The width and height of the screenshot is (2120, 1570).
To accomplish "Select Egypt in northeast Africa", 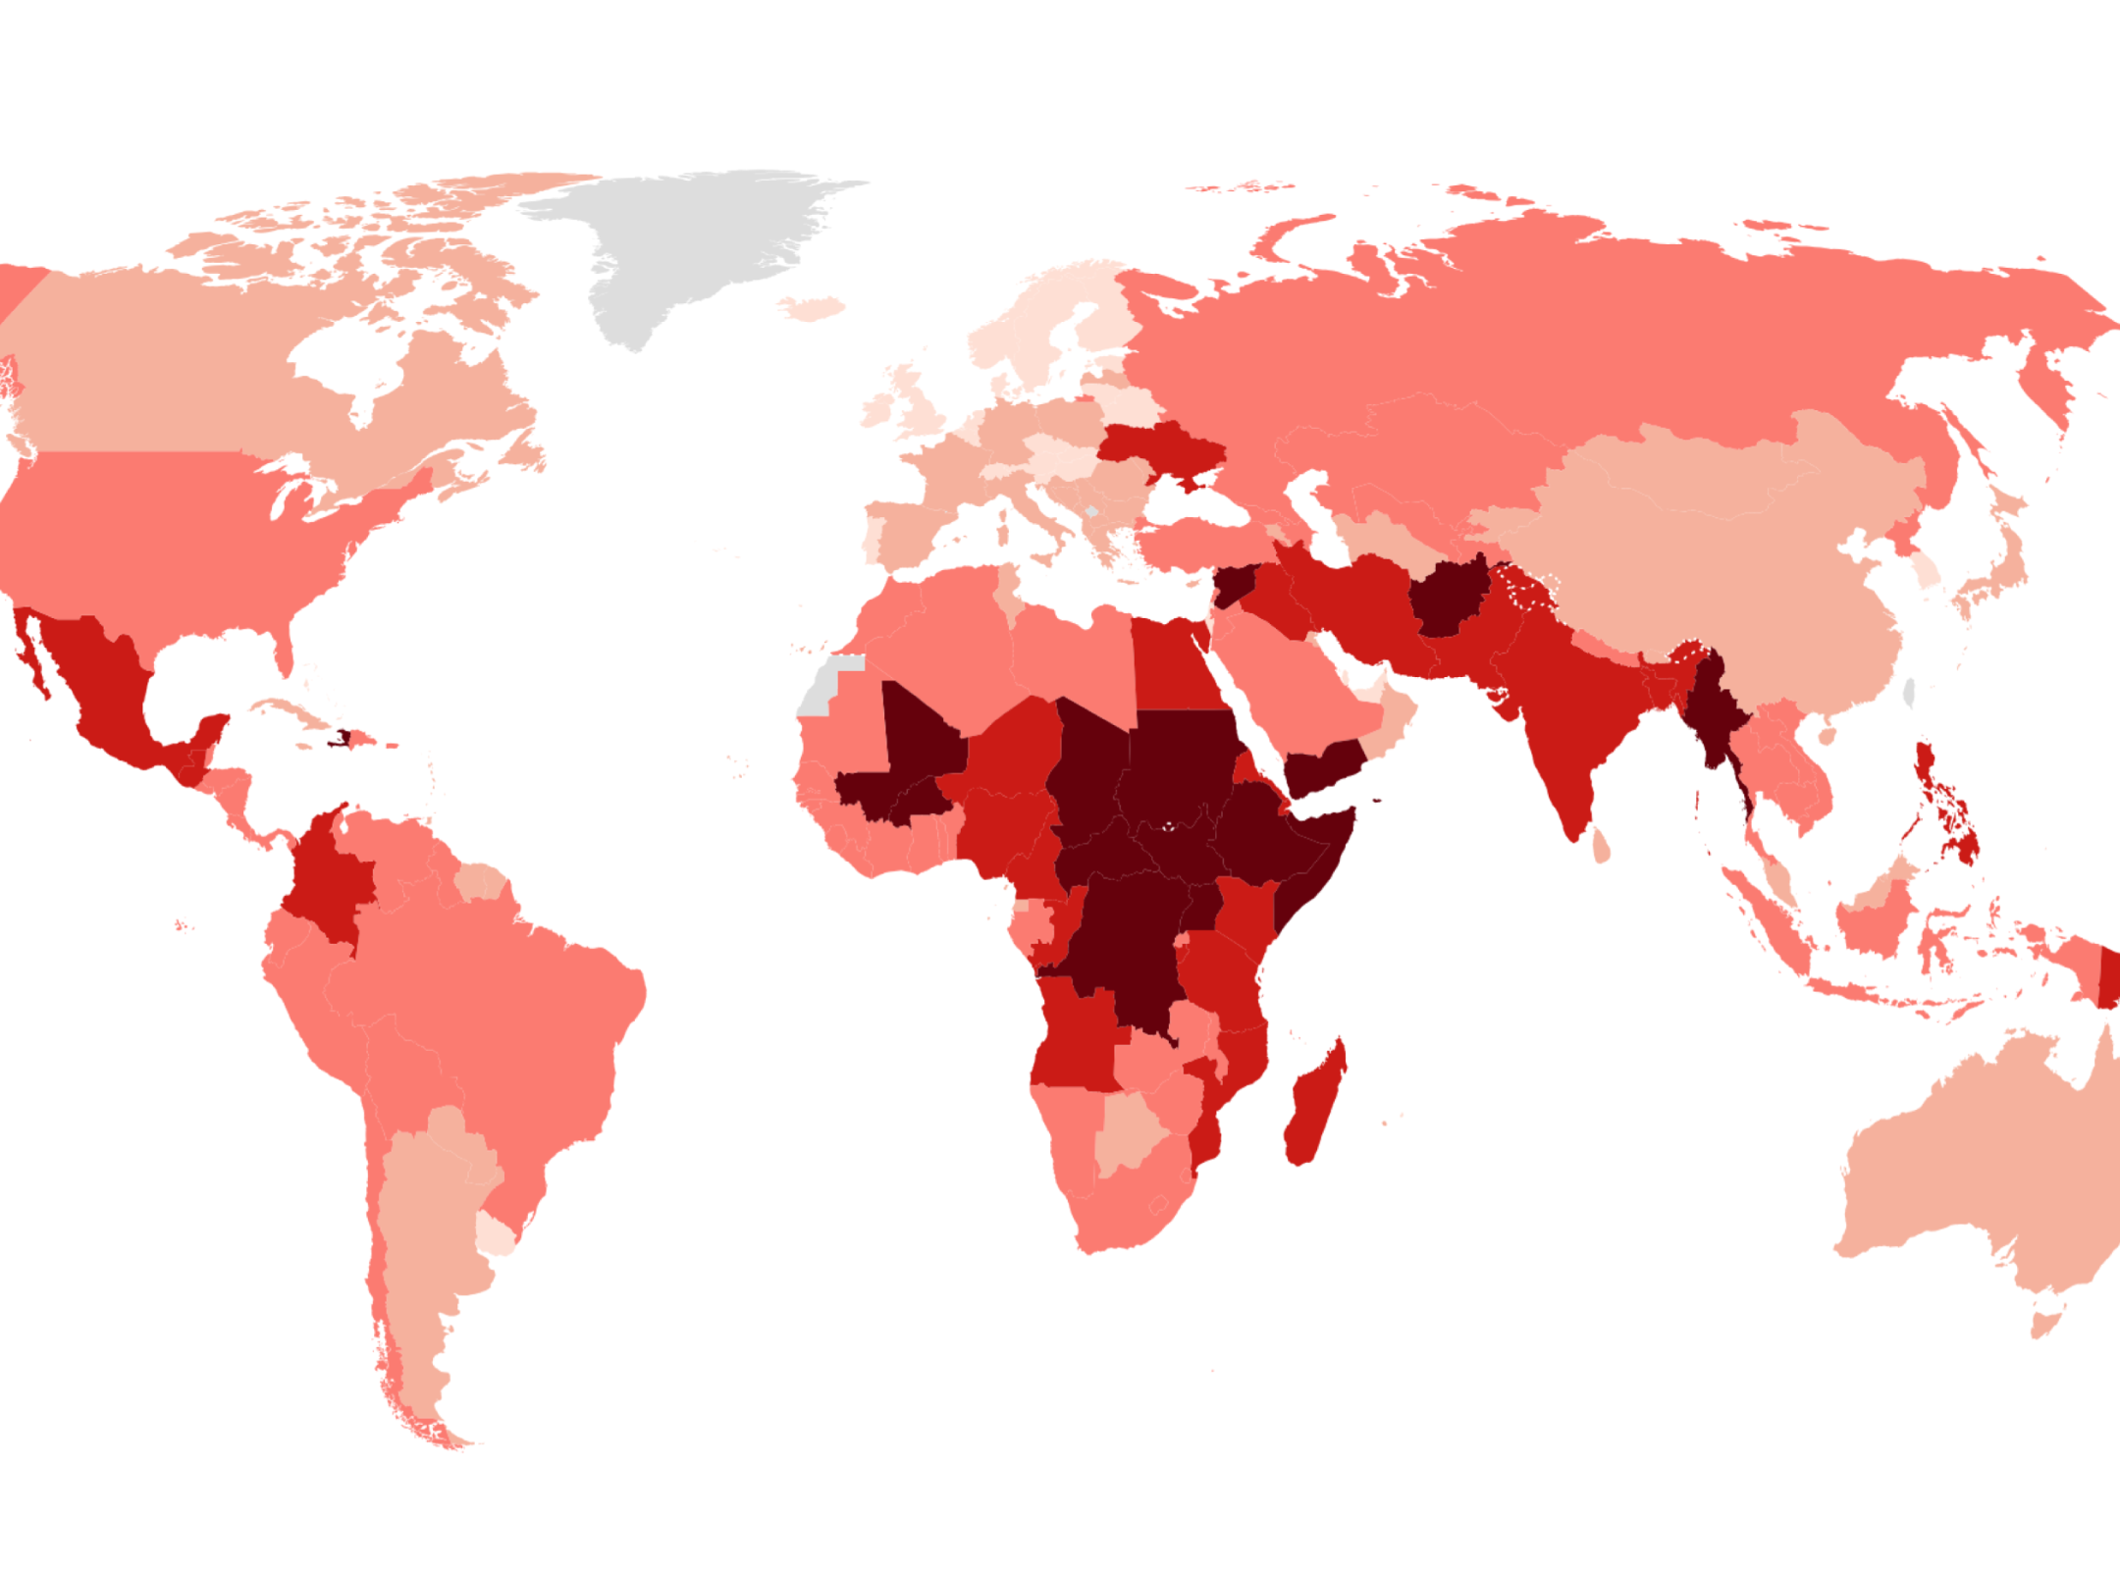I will point(1173,667).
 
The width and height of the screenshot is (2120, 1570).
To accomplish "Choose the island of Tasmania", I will point(2045,1325).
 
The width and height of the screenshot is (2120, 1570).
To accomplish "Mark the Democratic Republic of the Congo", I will point(1129,942).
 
